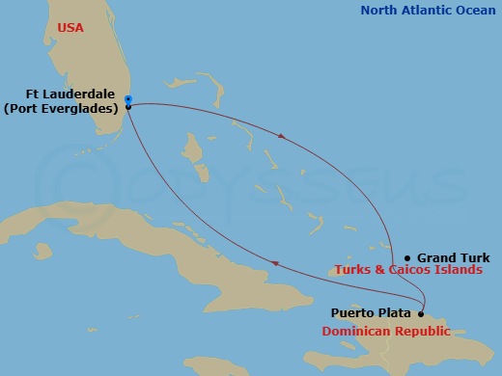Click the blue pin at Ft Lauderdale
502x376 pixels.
pos(128,100)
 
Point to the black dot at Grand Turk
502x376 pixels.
pos(407,257)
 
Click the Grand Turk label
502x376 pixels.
pos(453,257)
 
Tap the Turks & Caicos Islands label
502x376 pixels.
pos(408,271)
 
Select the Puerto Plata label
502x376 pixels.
pos(373,312)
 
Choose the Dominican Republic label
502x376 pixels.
pos(385,331)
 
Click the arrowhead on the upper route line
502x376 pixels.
pos(280,136)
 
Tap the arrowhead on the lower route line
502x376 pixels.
pos(277,262)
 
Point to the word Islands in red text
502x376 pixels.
pos(460,271)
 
